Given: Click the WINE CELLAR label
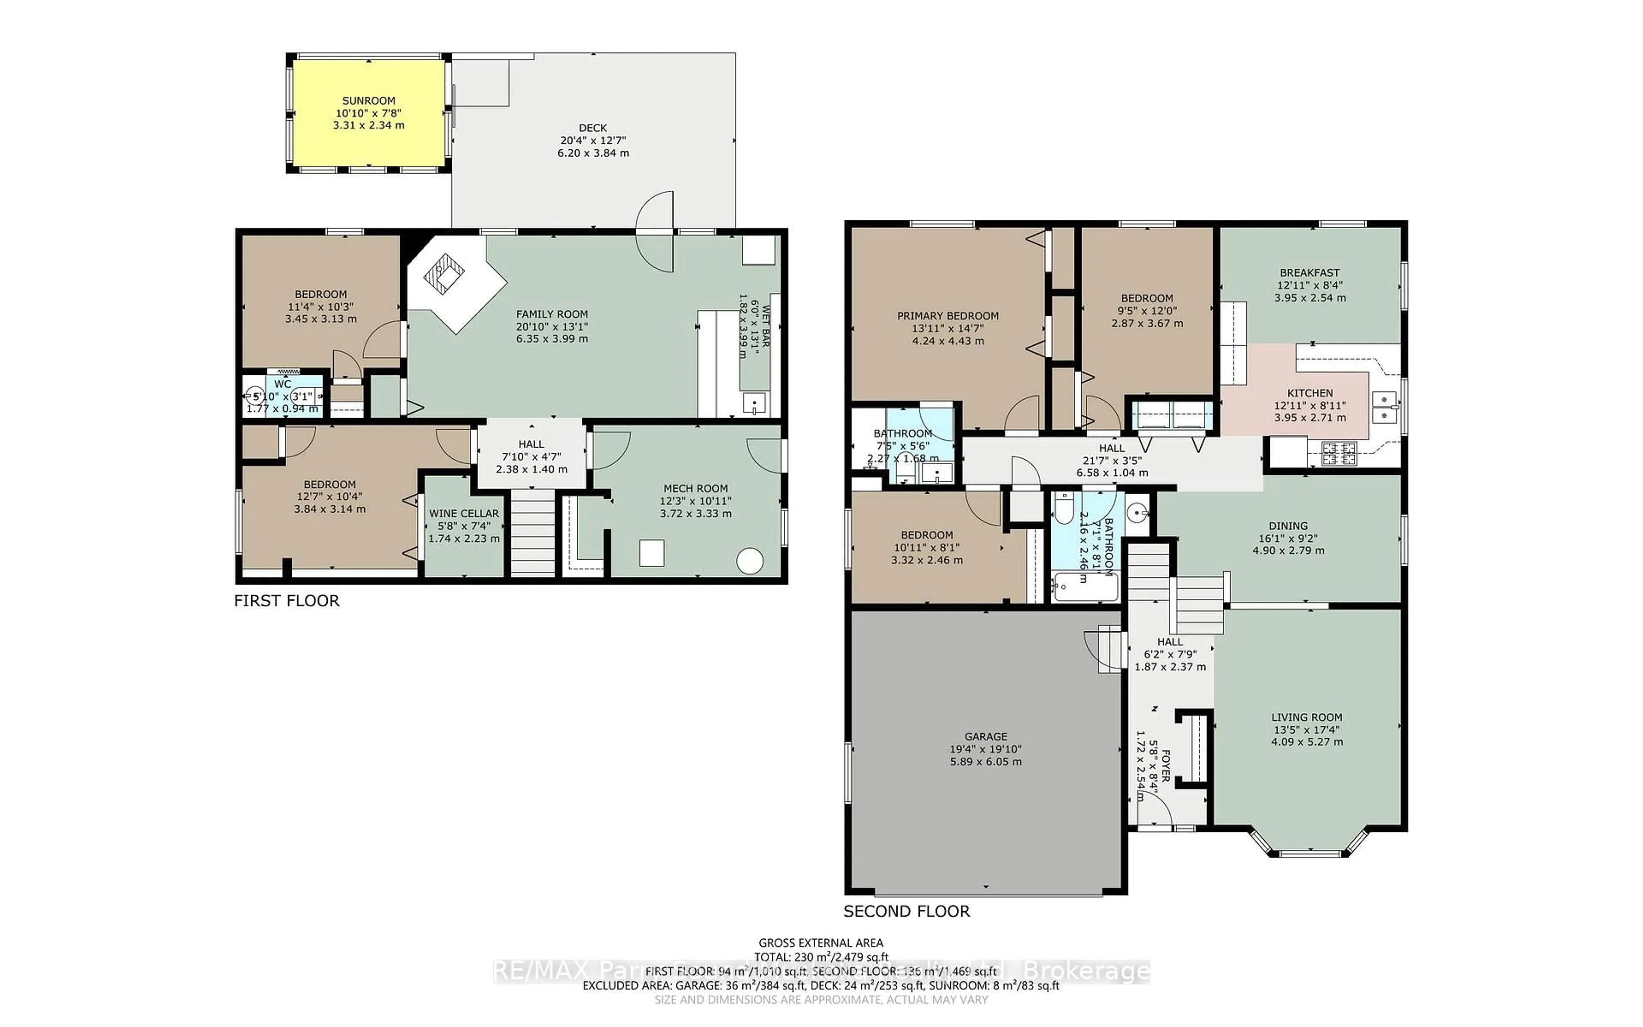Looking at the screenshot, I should pyautogui.click(x=464, y=513).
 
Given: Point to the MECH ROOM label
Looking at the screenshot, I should pyautogui.click(x=695, y=488).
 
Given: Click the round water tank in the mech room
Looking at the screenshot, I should pyautogui.click(x=750, y=561).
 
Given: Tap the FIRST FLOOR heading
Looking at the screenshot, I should pyautogui.click(x=287, y=600).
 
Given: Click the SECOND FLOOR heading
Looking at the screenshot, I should pyautogui.click(x=906, y=911).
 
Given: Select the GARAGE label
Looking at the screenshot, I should pyautogui.click(x=986, y=736).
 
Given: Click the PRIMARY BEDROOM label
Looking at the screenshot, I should pyautogui.click(x=948, y=316).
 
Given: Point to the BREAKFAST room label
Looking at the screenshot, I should pyautogui.click(x=1310, y=273).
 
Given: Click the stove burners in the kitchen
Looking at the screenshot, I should pyautogui.click(x=1338, y=454).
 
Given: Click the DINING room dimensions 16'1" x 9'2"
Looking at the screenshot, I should pyautogui.click(x=1288, y=538).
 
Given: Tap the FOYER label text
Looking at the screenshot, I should pyautogui.click(x=1165, y=766).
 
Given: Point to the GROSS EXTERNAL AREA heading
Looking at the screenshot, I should pyautogui.click(x=821, y=943).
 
